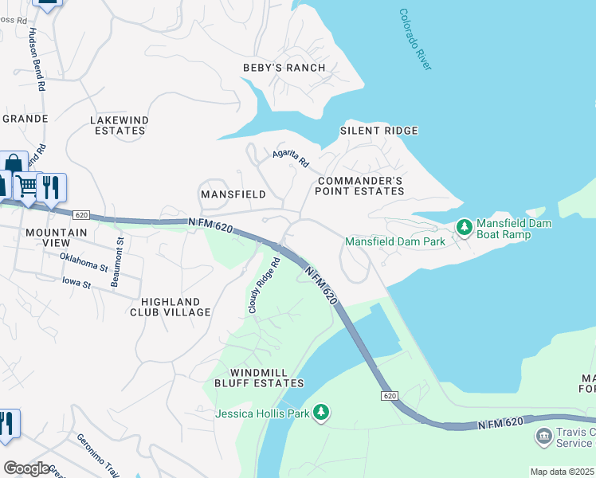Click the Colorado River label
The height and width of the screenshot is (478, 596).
click(x=414, y=40)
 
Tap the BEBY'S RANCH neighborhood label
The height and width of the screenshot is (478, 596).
click(x=284, y=68)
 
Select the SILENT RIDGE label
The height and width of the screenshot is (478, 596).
click(x=379, y=131)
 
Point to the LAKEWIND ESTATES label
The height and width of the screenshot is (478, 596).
click(x=120, y=125)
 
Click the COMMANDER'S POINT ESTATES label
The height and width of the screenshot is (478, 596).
click(x=359, y=186)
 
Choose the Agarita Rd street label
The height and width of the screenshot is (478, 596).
click(x=290, y=157)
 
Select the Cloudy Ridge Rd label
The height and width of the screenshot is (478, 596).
click(x=264, y=284)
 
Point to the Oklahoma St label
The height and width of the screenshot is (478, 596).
click(x=83, y=261)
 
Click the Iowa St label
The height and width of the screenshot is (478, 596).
click(x=77, y=281)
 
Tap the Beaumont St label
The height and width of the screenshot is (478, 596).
click(x=116, y=262)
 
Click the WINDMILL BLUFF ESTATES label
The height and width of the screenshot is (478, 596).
click(x=259, y=378)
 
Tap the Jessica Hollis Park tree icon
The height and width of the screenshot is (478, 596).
click(x=320, y=412)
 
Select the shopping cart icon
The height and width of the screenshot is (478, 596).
click(x=27, y=186)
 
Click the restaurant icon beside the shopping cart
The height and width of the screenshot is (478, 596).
click(x=51, y=187)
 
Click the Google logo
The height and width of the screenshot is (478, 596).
click(x=26, y=468)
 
